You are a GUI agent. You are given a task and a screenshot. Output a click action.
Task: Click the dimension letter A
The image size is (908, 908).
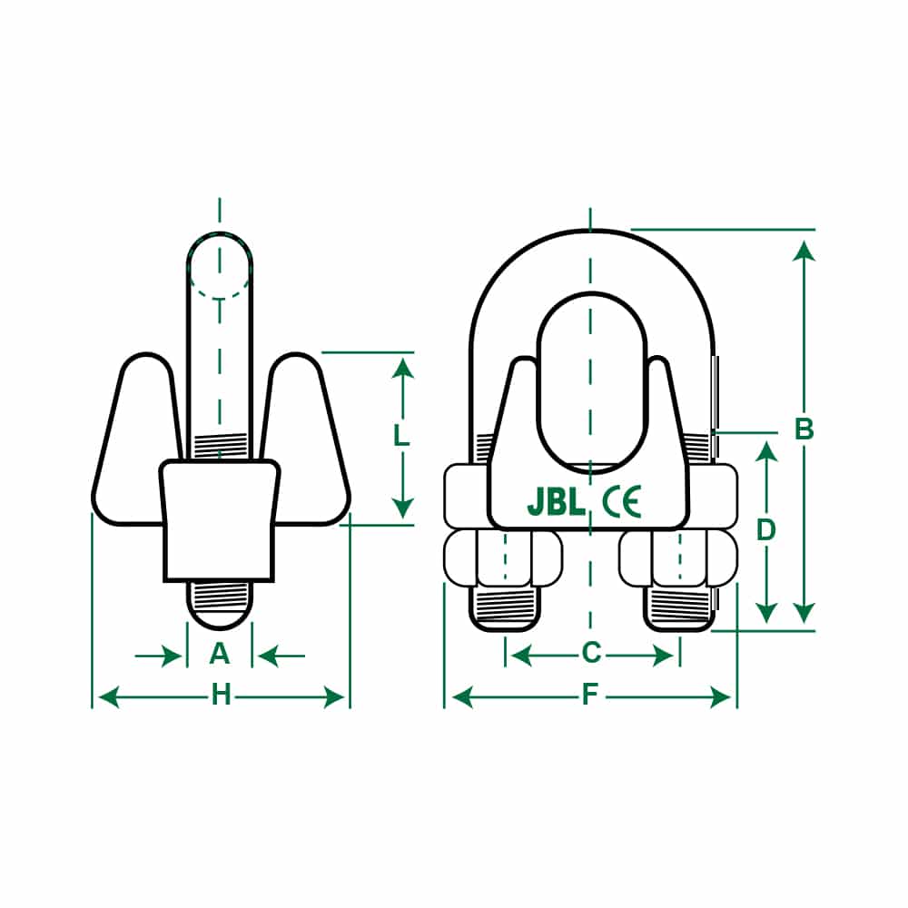pos(220,653)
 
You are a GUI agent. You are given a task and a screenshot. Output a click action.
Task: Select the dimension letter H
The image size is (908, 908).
pos(221,696)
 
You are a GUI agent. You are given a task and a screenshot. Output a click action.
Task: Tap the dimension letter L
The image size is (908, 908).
pos(402,436)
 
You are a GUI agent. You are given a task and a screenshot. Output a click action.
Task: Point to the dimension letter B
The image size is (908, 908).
pos(804,429)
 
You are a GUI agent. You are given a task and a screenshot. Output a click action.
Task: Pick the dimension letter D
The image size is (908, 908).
pos(767,529)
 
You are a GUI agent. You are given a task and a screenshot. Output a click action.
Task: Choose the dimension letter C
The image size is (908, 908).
pos(591,653)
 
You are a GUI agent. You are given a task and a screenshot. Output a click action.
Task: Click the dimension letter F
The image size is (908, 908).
pos(590,696)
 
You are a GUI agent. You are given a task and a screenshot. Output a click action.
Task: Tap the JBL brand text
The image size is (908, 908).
pos(556,503)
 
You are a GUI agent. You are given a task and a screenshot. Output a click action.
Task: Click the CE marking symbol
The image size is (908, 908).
pos(622,502)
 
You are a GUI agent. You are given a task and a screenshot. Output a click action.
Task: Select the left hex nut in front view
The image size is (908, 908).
pos(502,558)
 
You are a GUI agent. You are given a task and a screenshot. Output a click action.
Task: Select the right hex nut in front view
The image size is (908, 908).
pos(678,558)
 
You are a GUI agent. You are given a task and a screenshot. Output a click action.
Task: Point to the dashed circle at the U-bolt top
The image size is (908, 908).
pos(220,266)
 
